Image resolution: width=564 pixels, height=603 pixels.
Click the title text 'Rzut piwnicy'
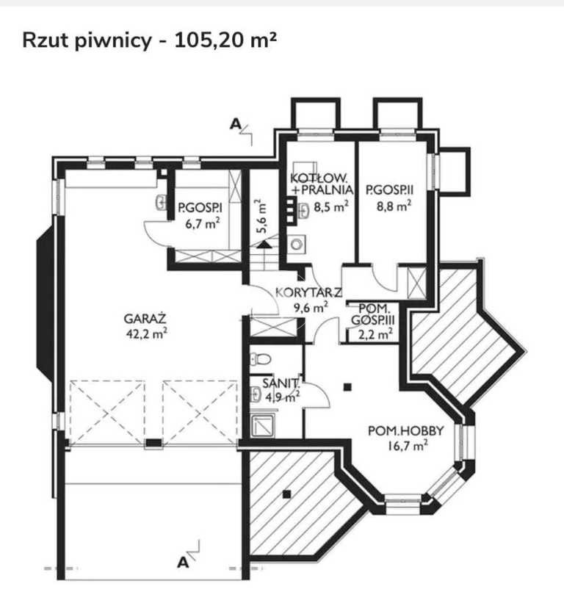click(87, 41)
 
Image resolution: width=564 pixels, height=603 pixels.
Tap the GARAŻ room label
click(145, 319)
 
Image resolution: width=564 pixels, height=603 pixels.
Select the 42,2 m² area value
click(146, 333)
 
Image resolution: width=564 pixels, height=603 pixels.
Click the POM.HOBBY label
click(405, 430)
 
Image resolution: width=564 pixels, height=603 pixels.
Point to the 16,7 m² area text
click(408, 446)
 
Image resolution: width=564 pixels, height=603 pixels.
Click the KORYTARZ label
click(308, 292)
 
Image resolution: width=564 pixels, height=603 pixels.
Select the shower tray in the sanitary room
click(263, 425)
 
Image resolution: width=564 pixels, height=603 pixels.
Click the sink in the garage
click(161, 203)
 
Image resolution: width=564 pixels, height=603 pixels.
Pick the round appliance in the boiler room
click(296, 244)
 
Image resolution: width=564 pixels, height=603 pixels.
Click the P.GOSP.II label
click(389, 189)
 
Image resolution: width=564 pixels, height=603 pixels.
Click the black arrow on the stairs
click(264, 245)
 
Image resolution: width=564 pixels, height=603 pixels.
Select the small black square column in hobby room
click(347, 387)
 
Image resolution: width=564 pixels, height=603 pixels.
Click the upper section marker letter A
click(235, 124)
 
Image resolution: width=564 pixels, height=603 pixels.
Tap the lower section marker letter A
click(183, 563)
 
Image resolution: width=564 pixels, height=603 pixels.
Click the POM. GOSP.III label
click(373, 314)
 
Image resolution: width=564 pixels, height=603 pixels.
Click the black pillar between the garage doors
click(153, 443)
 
